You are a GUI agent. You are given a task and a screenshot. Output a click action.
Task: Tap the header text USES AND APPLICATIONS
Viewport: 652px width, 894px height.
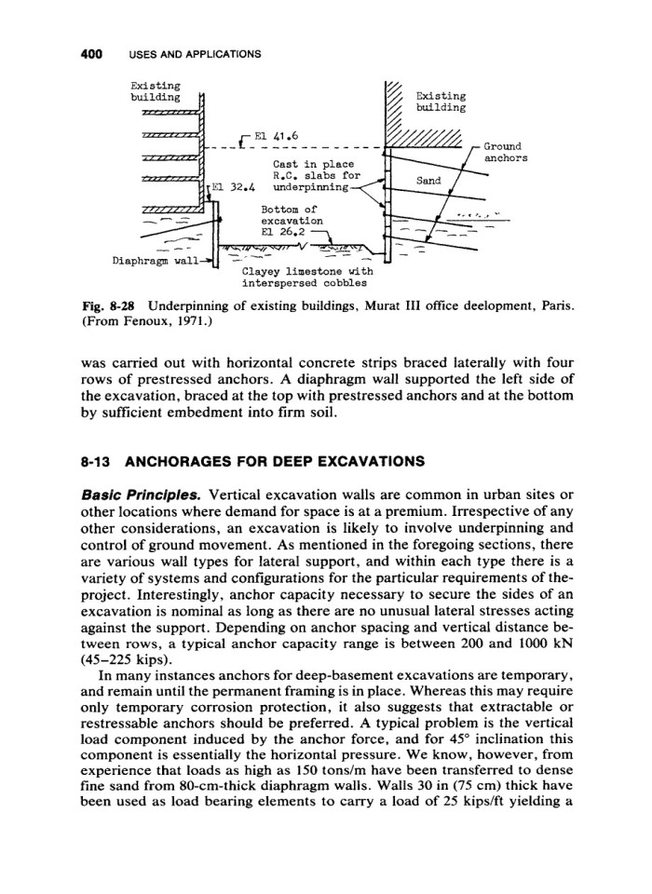(x=187, y=53)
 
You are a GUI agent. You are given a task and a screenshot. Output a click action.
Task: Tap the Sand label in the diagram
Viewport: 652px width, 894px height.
(x=428, y=183)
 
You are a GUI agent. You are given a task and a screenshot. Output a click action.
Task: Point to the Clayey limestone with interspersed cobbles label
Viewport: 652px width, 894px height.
(x=305, y=278)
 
